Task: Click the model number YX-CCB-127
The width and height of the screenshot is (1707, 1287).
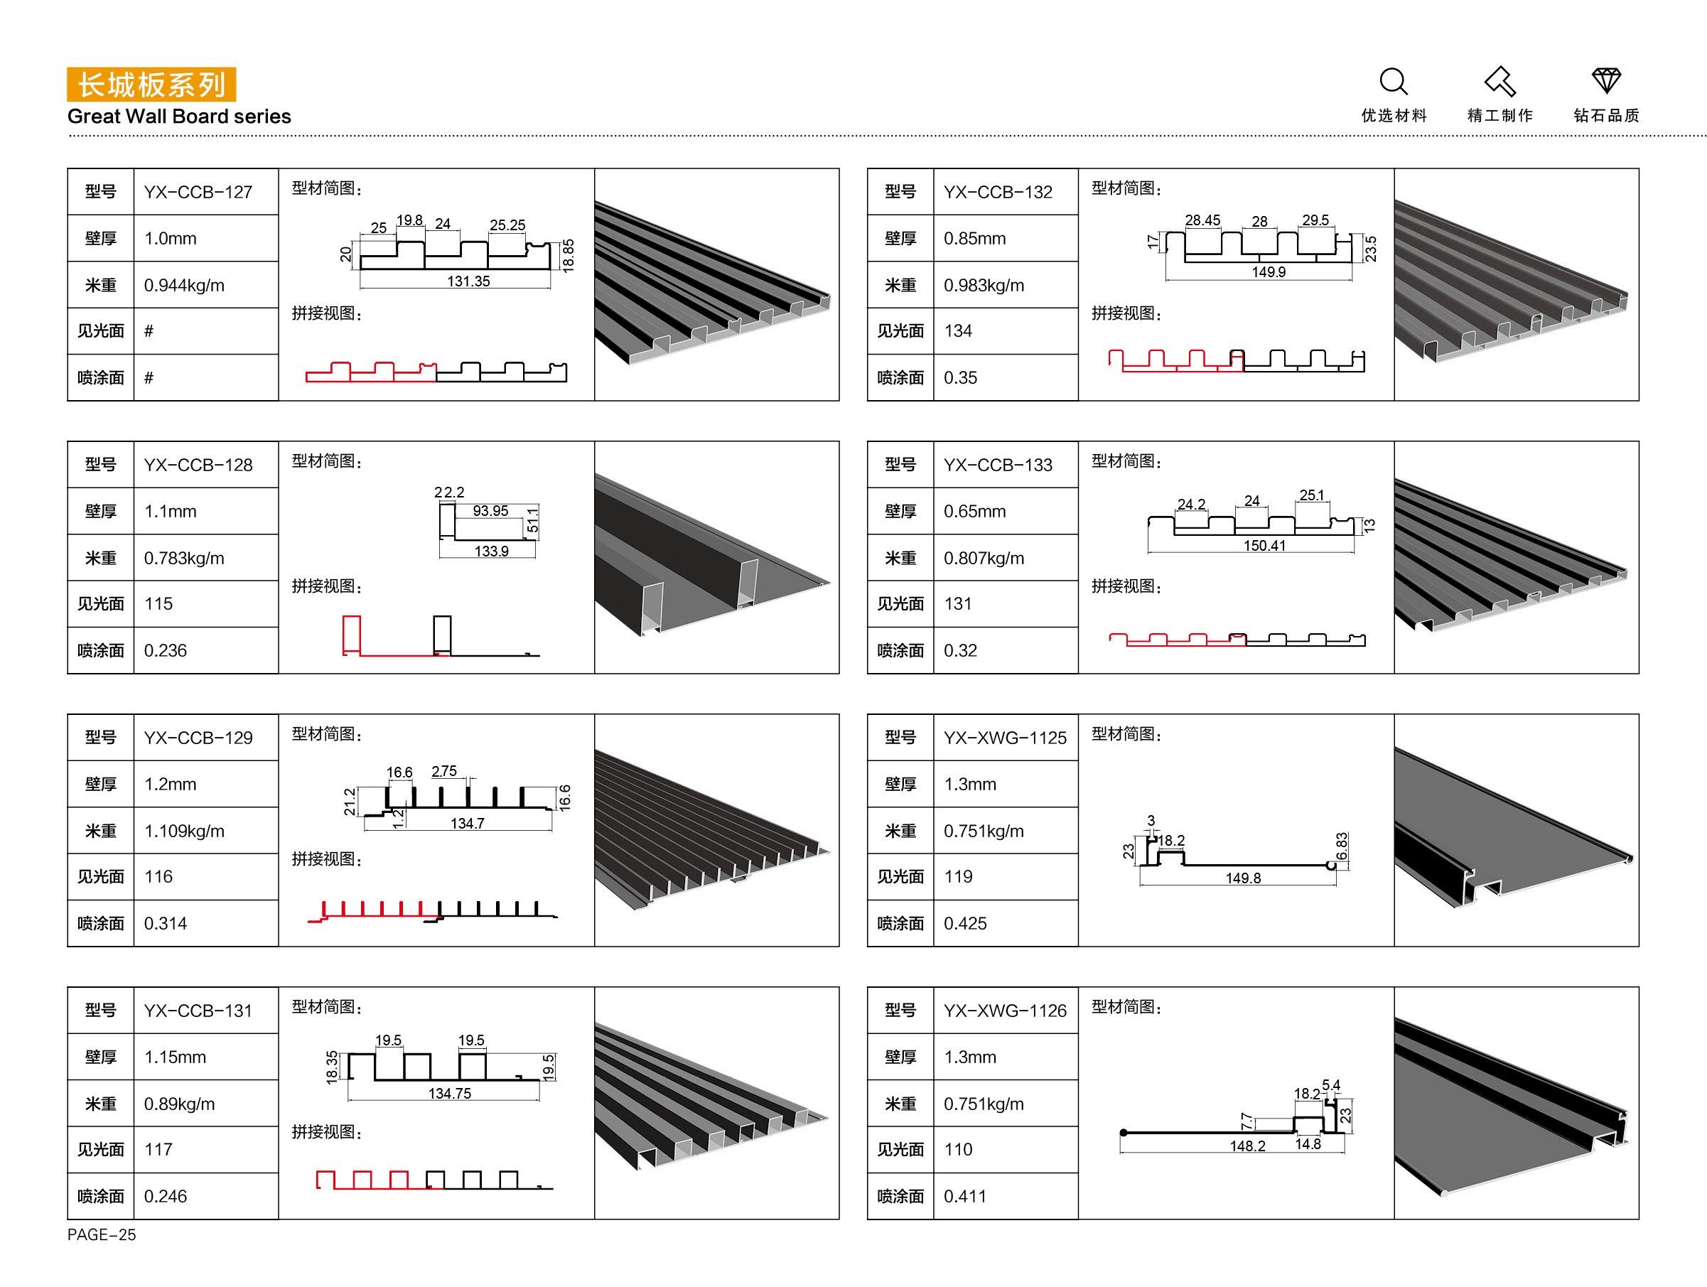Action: point(198,192)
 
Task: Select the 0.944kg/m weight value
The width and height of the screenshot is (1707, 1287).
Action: point(185,286)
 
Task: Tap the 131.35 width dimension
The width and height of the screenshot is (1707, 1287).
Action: point(468,281)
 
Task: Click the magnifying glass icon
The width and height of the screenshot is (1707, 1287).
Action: point(1394,82)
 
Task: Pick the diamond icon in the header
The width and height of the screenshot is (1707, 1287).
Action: point(1607,81)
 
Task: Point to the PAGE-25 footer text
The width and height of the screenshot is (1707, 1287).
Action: point(102,1234)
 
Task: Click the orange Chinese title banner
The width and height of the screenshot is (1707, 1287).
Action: point(151,85)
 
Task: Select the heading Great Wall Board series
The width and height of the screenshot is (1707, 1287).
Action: point(179,117)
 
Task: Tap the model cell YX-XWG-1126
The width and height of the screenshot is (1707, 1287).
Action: point(1006,1011)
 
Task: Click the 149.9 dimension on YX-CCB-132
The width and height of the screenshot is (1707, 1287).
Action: point(1269,272)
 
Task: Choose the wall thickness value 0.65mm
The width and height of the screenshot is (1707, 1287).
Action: point(974,512)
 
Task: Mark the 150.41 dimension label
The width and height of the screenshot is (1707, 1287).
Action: point(1265,546)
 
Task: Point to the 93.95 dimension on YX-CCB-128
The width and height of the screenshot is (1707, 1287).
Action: point(490,511)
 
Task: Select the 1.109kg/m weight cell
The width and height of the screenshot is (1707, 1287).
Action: point(185,831)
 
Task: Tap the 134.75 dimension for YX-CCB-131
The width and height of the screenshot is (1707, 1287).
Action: point(450,1093)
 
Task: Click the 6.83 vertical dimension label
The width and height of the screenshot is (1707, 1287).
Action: point(1342,846)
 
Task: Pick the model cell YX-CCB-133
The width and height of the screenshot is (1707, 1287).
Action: point(998,465)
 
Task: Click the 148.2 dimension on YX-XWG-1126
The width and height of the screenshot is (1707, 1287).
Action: point(1248,1146)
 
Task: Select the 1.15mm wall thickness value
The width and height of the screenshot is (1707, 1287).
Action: point(175,1057)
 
